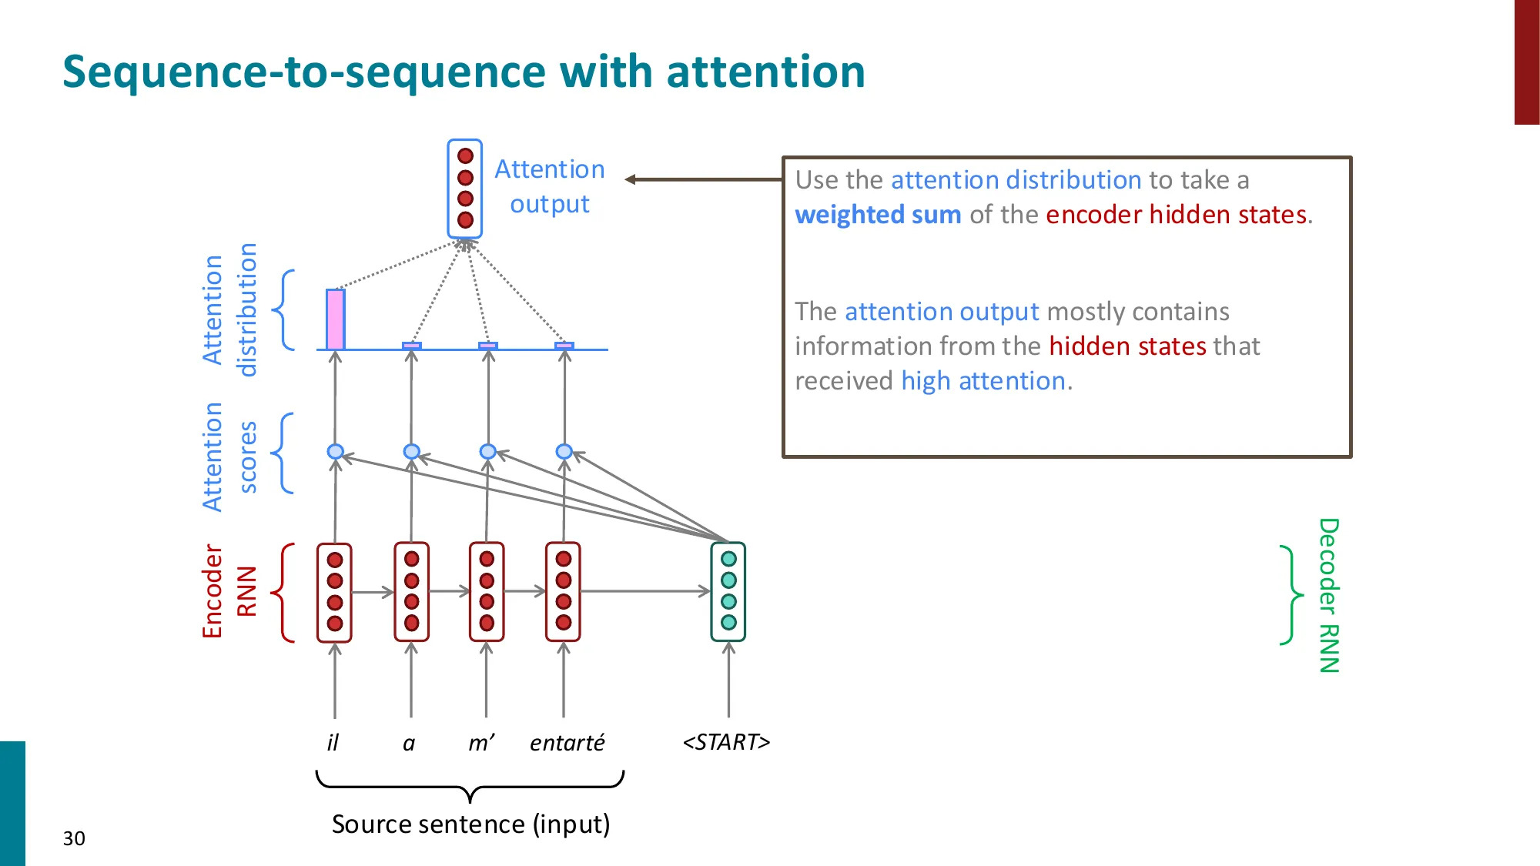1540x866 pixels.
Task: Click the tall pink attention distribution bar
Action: [x=335, y=319]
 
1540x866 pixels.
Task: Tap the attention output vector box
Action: [x=465, y=189]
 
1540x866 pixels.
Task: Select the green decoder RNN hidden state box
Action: [x=728, y=591]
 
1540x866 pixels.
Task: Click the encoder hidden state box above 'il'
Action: [x=334, y=592]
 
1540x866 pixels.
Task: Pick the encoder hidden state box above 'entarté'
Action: [x=563, y=591]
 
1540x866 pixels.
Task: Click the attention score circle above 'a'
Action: [x=411, y=451]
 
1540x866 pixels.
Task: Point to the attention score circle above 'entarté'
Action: [x=564, y=451]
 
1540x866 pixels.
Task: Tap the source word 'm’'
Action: [x=482, y=742]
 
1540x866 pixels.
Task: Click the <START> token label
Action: [x=726, y=742]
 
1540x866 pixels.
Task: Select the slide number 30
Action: [x=74, y=838]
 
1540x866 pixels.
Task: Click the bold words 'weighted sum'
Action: [x=878, y=215]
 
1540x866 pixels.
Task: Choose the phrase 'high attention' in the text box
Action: [x=983, y=381]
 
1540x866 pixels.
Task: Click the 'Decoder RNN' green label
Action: [x=1329, y=595]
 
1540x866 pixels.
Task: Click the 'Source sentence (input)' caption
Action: [x=470, y=824]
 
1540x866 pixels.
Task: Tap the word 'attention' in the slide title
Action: [x=765, y=72]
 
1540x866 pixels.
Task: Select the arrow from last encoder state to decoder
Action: [x=645, y=591]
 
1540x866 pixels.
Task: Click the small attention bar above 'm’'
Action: [x=487, y=346]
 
